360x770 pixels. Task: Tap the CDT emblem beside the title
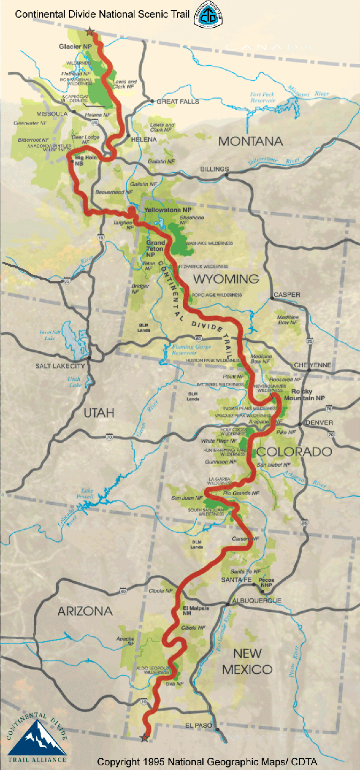[x=208, y=14]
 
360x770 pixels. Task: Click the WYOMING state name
[x=226, y=279]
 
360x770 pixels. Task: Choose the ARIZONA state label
[x=85, y=611]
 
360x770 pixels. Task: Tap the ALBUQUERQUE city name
[x=257, y=600]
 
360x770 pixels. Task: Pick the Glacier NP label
[x=75, y=47]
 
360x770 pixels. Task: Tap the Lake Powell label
[x=87, y=494]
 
